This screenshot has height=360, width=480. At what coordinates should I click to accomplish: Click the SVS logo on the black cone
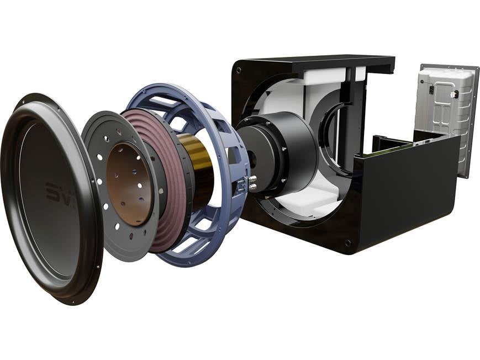[x=59, y=193]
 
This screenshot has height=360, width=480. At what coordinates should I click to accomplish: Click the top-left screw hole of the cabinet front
[x=238, y=71]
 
